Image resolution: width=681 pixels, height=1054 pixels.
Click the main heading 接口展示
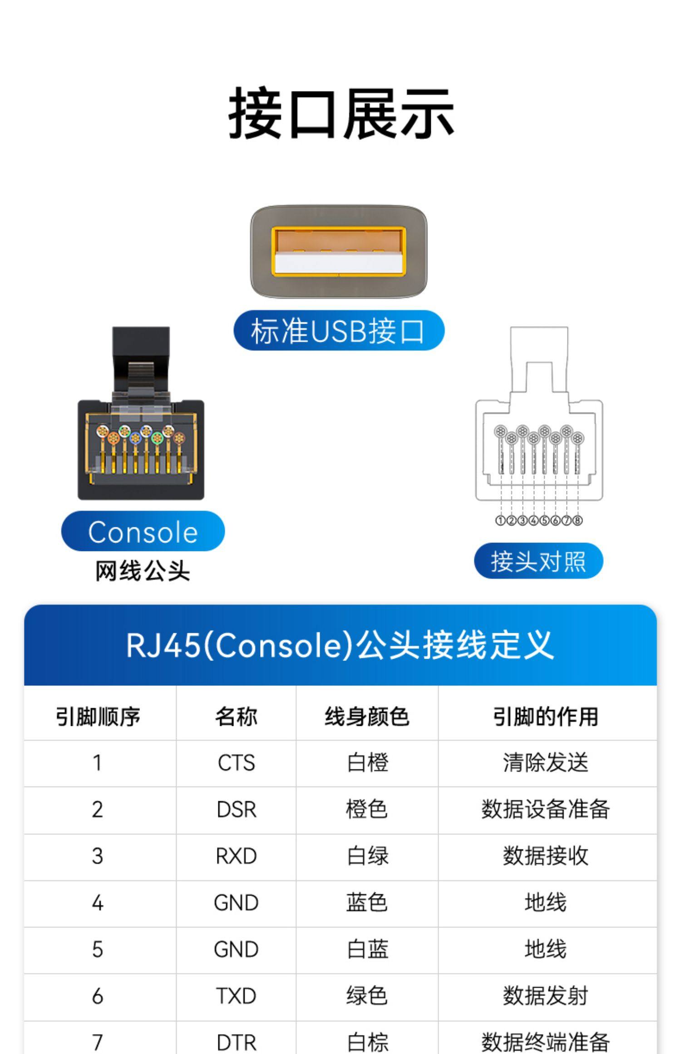point(341,113)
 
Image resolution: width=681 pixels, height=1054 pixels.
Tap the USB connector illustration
point(339,251)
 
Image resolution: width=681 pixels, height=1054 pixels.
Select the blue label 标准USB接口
point(339,330)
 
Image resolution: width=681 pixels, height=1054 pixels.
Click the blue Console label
point(143,532)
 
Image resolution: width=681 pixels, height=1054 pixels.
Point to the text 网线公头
point(143,571)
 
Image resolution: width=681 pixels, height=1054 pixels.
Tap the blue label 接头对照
point(538,561)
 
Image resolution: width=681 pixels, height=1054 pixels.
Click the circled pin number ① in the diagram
point(500,520)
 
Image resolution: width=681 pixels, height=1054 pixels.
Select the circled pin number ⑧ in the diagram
point(577,520)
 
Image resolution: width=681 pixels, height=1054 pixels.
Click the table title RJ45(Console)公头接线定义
point(340,645)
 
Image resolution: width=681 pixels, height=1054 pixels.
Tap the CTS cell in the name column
point(236,763)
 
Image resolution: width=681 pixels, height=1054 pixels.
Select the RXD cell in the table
point(236,856)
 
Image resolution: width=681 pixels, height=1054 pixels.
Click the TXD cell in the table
point(236,996)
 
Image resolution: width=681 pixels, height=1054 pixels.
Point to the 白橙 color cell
point(367,763)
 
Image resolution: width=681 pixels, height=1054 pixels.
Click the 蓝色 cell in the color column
point(367,902)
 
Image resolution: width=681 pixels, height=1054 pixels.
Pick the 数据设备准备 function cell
point(546,809)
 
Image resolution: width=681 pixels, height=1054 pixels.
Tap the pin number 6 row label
point(98,996)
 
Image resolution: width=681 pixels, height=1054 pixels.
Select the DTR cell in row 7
point(236,1042)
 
